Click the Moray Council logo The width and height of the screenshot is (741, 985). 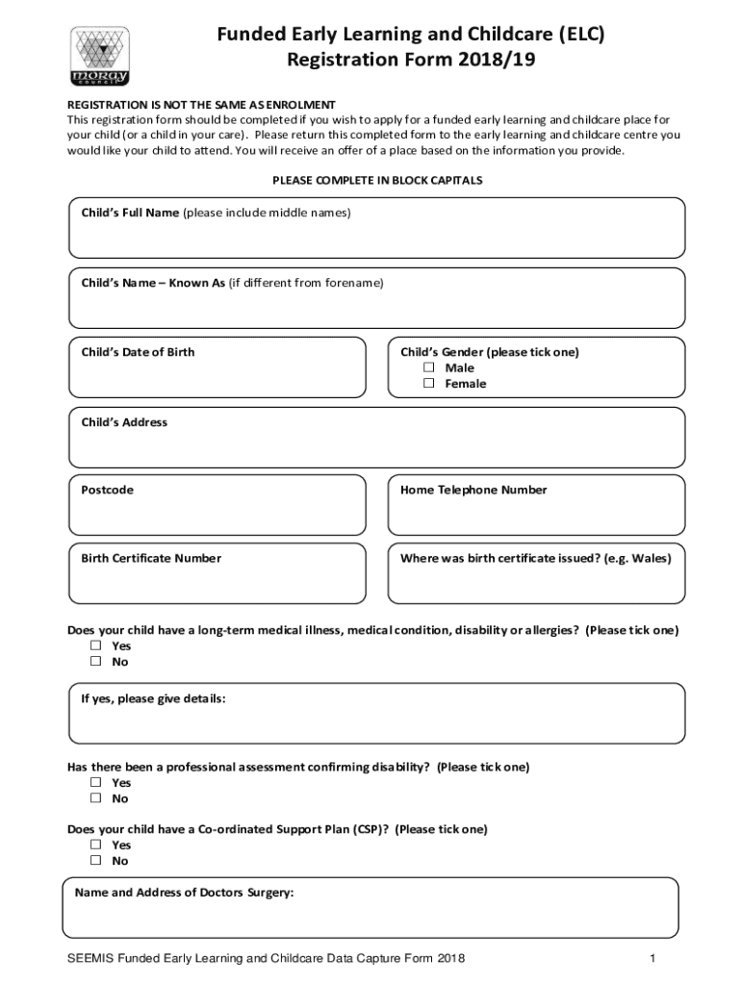tap(100, 57)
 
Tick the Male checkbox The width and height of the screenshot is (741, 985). tap(429, 368)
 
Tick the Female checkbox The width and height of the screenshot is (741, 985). tap(429, 384)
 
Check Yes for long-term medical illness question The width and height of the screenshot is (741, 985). tap(96, 646)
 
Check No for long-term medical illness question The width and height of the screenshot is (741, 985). tap(96, 662)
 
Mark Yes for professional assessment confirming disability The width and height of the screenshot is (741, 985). tap(96, 783)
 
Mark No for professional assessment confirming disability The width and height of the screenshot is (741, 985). tap(96, 798)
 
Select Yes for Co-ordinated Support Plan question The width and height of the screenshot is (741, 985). tap(96, 846)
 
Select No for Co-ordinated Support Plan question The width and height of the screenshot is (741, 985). tap(96, 861)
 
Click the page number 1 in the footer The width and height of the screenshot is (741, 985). tap(652, 959)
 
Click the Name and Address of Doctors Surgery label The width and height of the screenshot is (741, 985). tap(184, 893)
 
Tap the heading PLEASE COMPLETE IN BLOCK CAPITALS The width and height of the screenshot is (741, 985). tap(377, 181)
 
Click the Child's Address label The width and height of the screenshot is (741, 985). tap(124, 422)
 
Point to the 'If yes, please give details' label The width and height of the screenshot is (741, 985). tap(153, 698)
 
